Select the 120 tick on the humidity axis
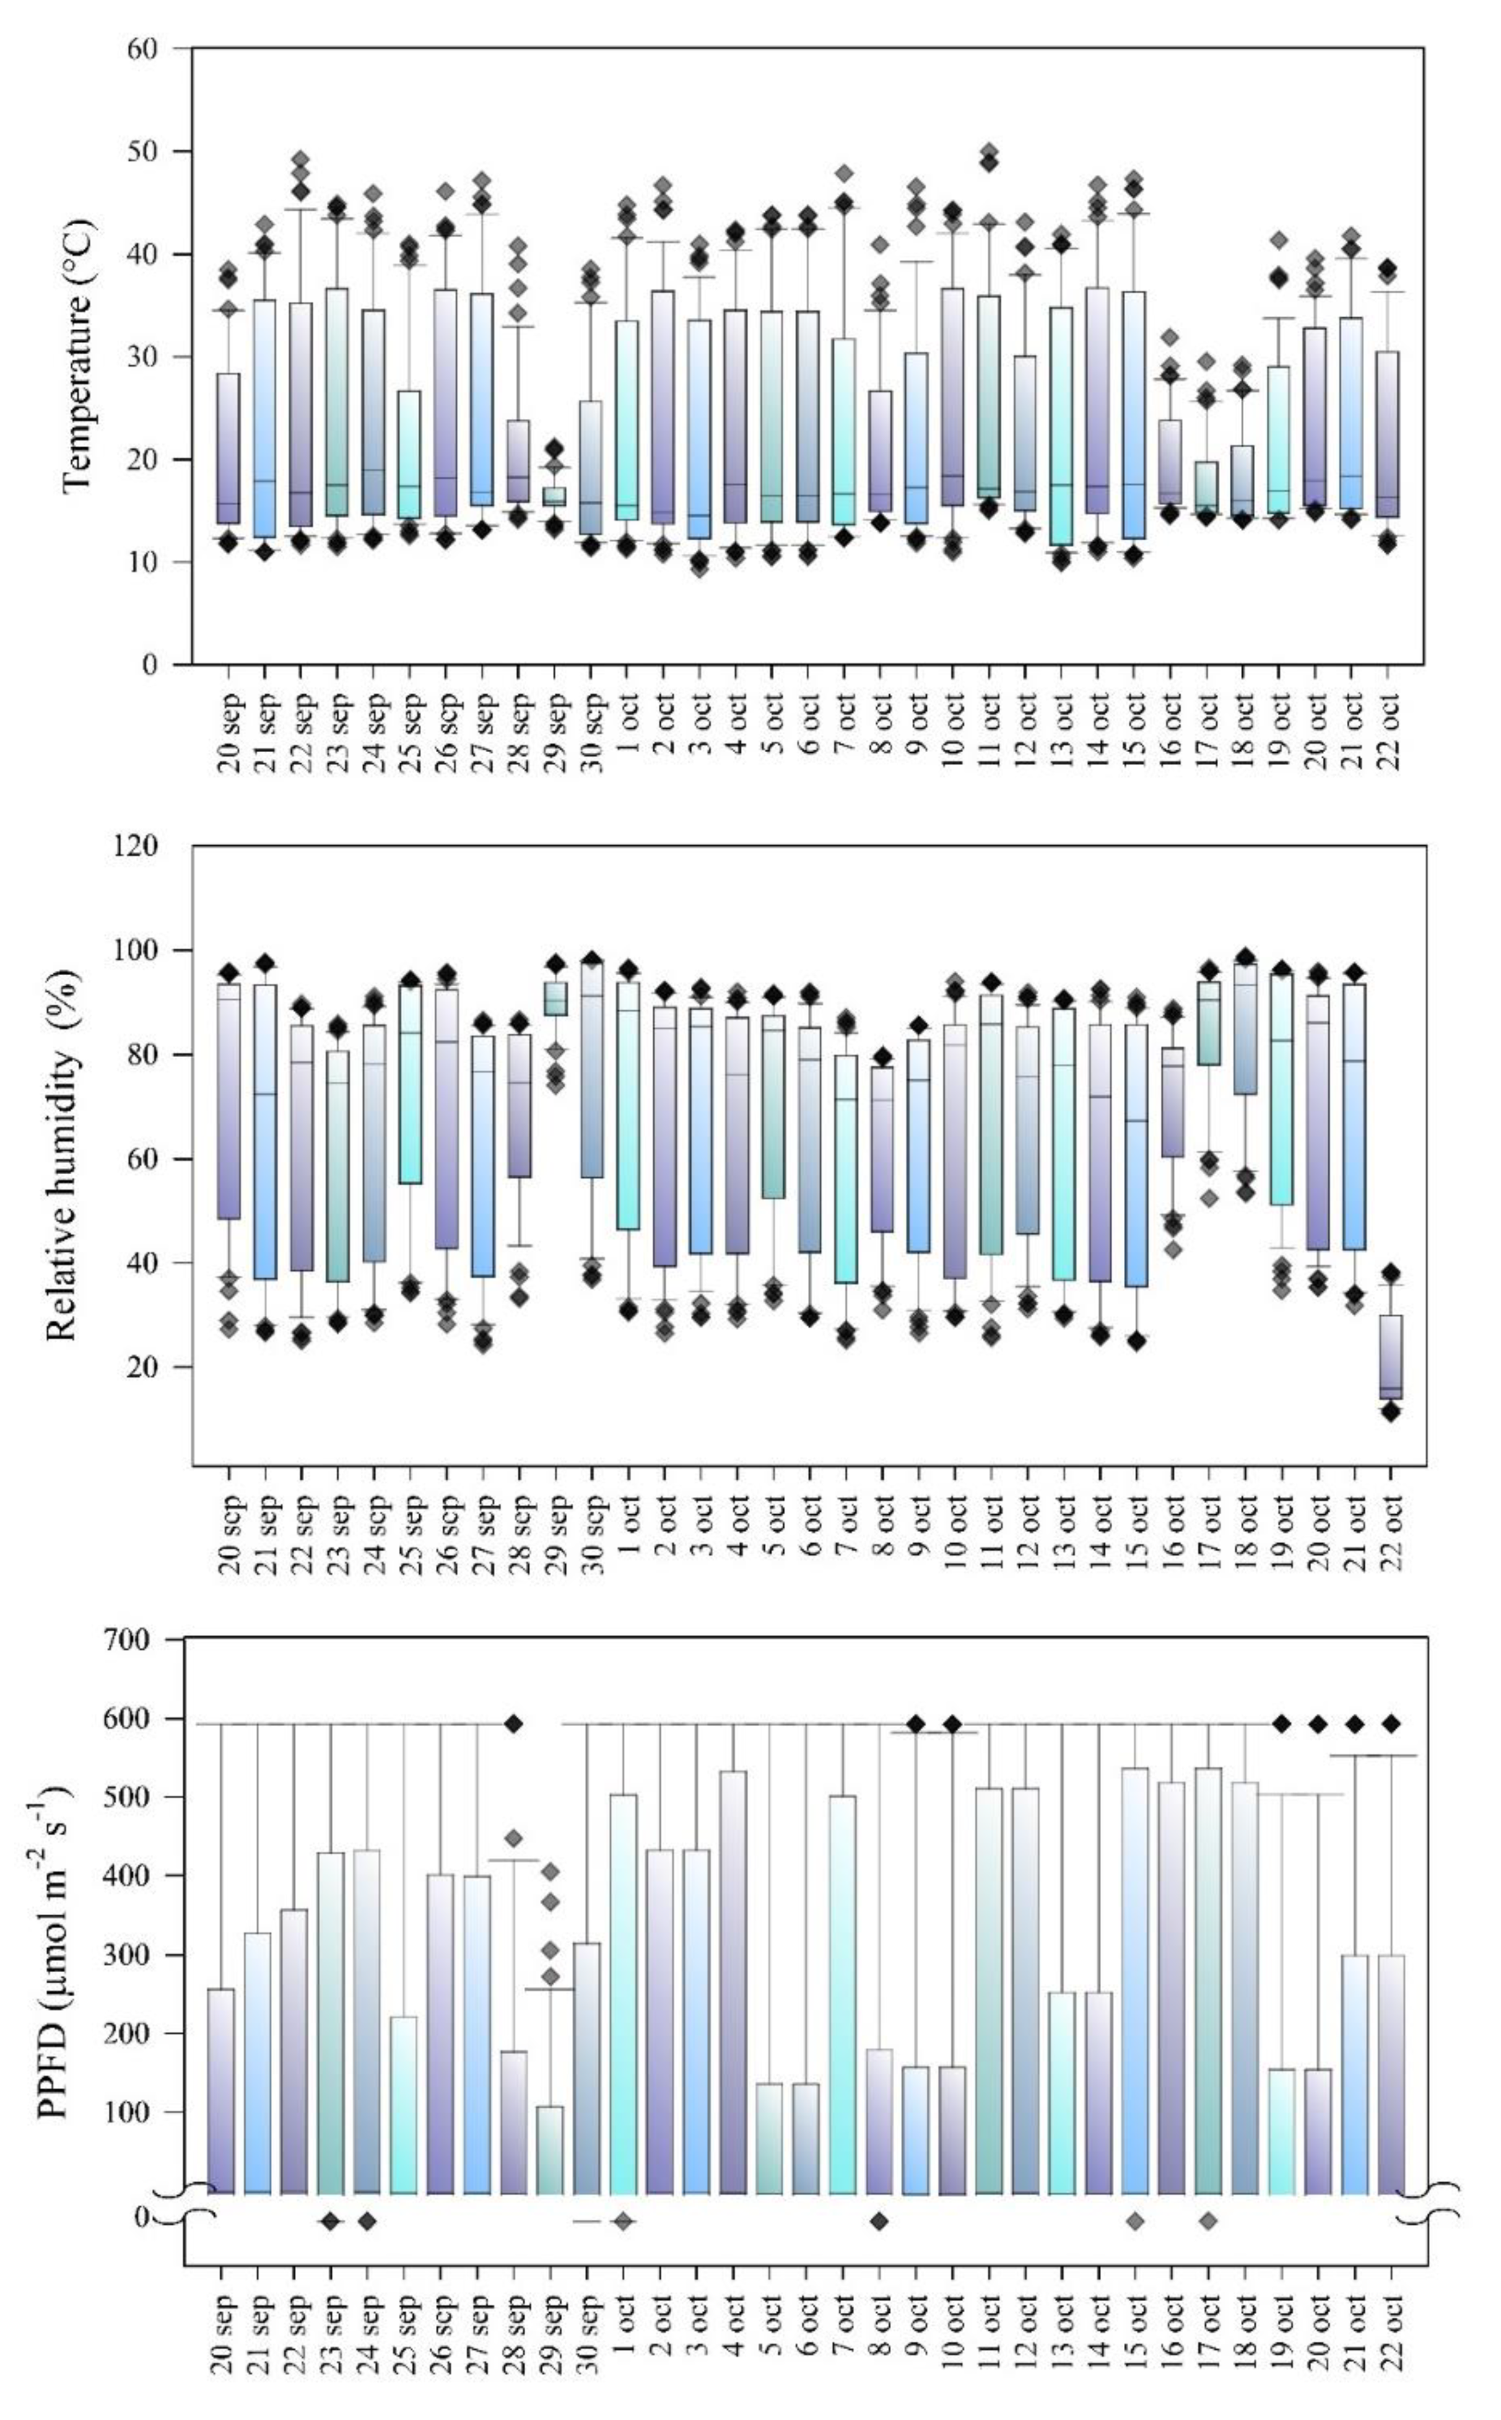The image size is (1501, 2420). [137, 846]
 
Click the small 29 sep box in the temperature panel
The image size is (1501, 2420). [554, 496]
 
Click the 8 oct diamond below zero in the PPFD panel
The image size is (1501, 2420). [879, 2221]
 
